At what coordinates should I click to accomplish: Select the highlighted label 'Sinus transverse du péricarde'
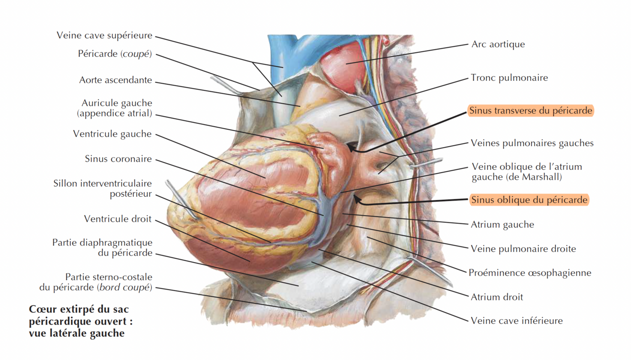pyautogui.click(x=530, y=111)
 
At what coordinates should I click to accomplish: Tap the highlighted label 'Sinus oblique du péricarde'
pyautogui.click(x=529, y=200)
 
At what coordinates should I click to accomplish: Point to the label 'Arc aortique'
pyautogui.click(x=498, y=44)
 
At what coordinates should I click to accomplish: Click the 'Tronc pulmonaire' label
pyautogui.click(x=509, y=78)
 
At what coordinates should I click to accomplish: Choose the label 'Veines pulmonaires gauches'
pyautogui.click(x=532, y=143)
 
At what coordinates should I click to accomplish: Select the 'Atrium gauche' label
pyautogui.click(x=502, y=225)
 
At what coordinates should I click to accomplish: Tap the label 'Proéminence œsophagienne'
pyautogui.click(x=530, y=272)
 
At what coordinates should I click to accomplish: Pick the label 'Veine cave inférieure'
pyautogui.click(x=517, y=321)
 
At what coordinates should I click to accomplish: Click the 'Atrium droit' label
pyautogui.click(x=497, y=297)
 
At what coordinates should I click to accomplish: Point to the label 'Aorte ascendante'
pyautogui.click(x=115, y=80)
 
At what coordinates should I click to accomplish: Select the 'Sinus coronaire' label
pyautogui.click(x=118, y=158)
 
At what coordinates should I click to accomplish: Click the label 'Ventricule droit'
pyautogui.click(x=118, y=219)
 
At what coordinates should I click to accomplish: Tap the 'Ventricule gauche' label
pyautogui.click(x=112, y=134)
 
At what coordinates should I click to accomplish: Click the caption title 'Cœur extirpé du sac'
pyautogui.click(x=79, y=309)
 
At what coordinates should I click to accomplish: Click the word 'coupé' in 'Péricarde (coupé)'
pyautogui.click(x=136, y=54)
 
